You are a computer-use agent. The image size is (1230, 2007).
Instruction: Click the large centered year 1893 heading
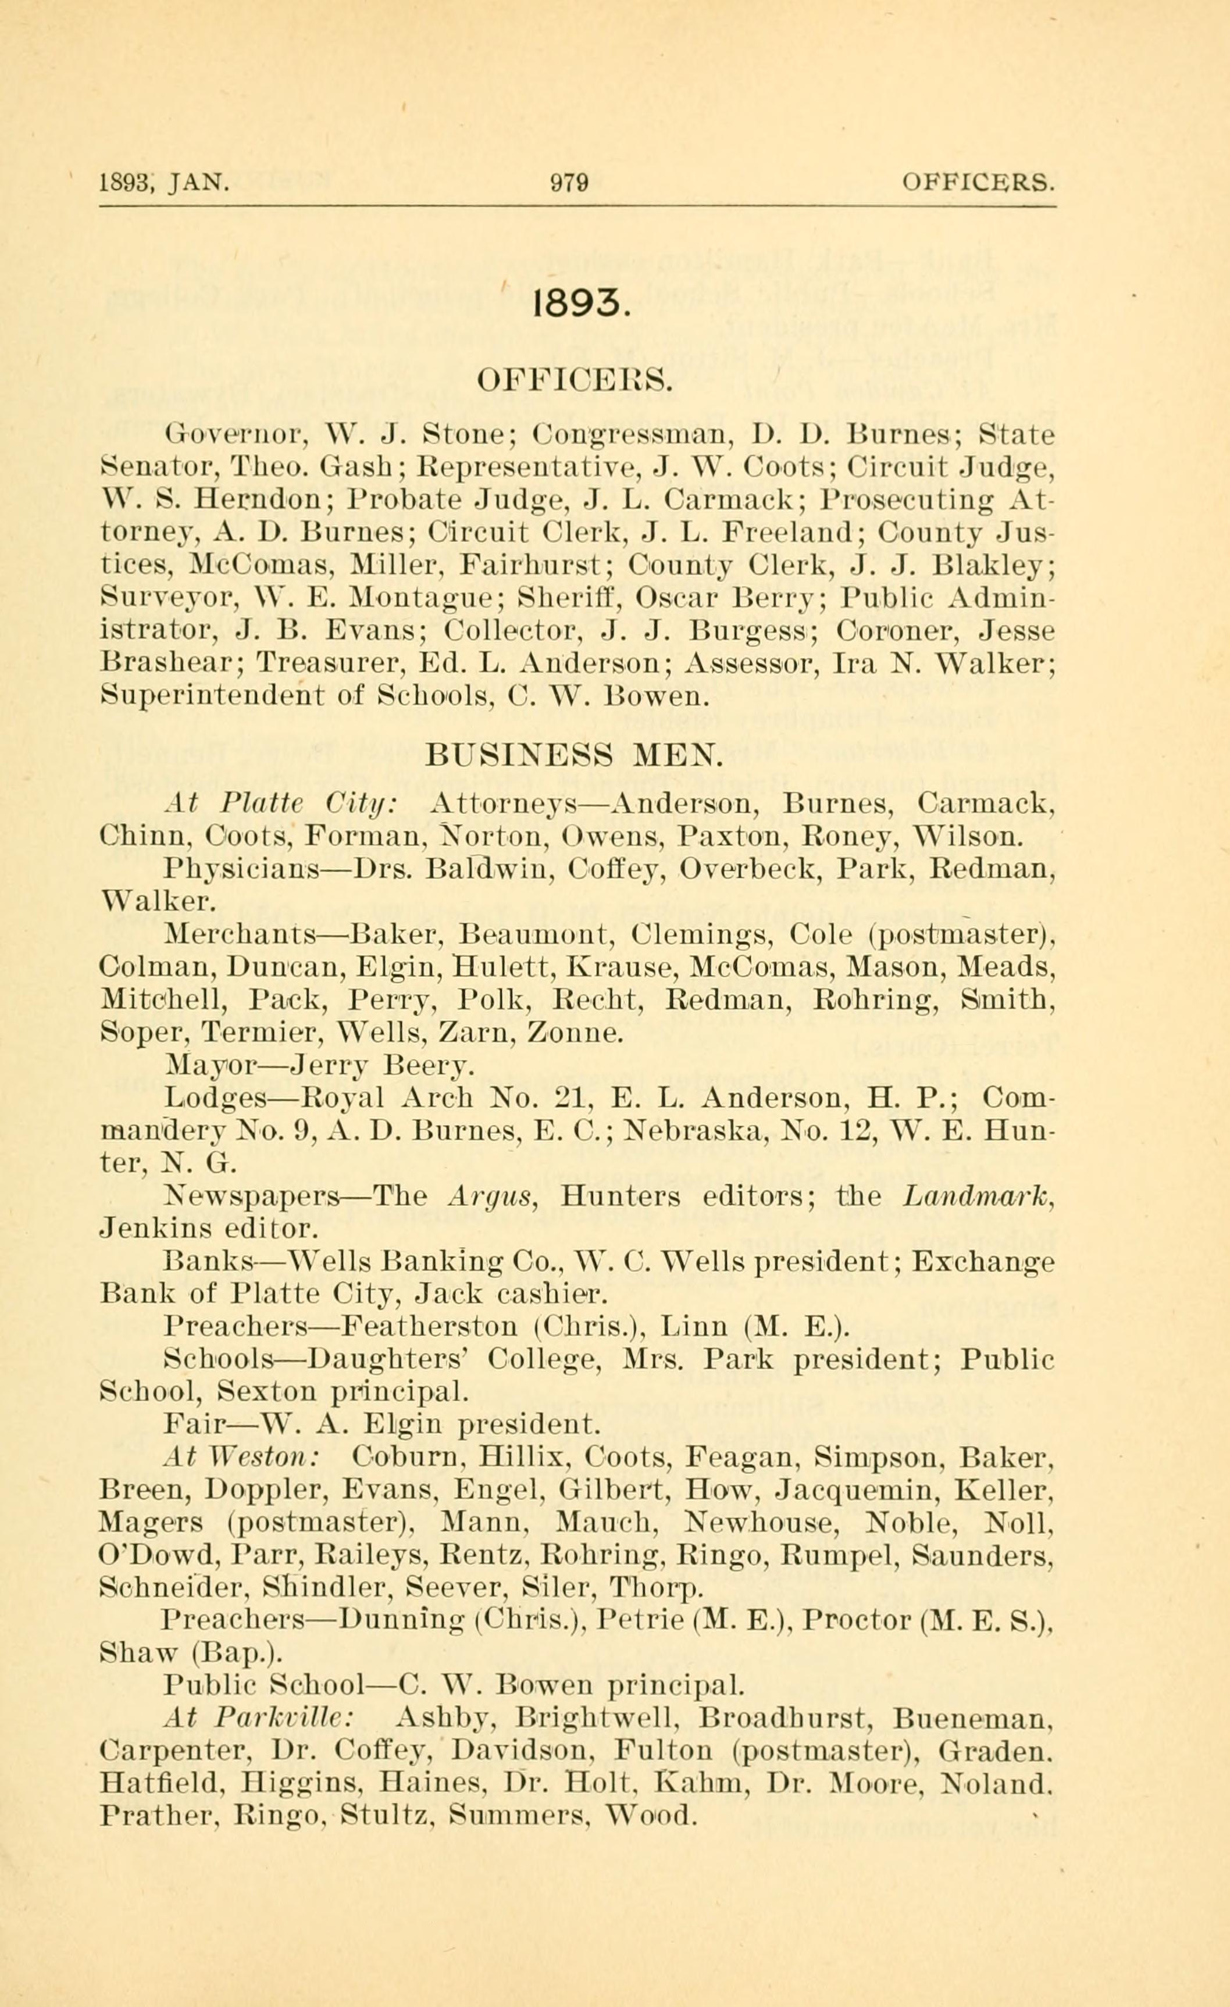[579, 305]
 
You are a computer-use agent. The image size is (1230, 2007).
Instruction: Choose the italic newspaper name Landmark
[979, 1197]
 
